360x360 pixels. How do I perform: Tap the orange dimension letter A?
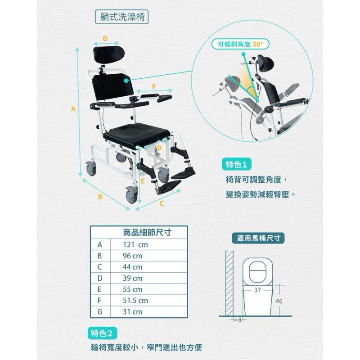(x=72, y=108)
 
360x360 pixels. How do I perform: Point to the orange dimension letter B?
(x=100, y=197)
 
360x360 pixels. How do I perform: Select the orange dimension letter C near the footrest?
(x=162, y=203)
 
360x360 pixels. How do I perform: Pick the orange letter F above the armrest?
(x=154, y=86)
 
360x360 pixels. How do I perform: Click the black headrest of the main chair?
(x=108, y=53)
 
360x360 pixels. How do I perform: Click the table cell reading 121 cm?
(x=135, y=245)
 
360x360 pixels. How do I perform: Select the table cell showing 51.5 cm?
(x=135, y=300)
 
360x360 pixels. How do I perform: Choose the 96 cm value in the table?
(x=132, y=256)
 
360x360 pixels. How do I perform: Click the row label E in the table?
(x=100, y=289)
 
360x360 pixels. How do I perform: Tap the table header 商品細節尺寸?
(x=148, y=233)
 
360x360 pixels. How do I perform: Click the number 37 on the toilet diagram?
(x=257, y=290)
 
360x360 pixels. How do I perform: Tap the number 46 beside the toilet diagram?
(x=279, y=301)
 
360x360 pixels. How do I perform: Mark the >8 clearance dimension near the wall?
(x=238, y=319)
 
